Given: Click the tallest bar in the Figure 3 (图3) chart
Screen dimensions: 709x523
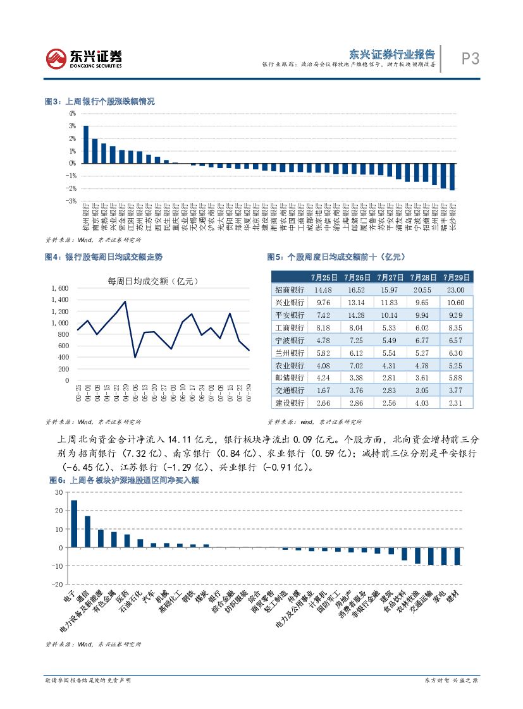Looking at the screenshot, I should pyautogui.click(x=86, y=144).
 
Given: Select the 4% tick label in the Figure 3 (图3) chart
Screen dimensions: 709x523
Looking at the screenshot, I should pyautogui.click(x=72, y=113).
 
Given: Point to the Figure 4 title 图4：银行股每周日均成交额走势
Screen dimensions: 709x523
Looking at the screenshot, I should pyautogui.click(x=103, y=257).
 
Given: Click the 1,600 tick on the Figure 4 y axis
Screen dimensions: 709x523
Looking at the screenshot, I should pyautogui.click(x=59, y=288).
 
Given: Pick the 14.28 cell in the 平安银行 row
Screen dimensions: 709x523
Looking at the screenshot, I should pyautogui.click(x=355, y=315).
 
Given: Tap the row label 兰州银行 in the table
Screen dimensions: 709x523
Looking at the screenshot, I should pyautogui.click(x=290, y=353).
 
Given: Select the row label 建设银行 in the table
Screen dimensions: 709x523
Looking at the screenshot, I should pyautogui.click(x=290, y=403).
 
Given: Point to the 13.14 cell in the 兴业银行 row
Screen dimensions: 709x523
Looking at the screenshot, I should pyautogui.click(x=355, y=302).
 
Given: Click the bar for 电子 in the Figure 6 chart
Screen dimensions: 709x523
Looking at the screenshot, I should pyautogui.click(x=73, y=524).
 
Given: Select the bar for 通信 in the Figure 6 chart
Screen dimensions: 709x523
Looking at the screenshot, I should pyautogui.click(x=87, y=531).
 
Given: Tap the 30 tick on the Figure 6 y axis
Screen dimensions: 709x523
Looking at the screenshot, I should pyautogui.click(x=59, y=492).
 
